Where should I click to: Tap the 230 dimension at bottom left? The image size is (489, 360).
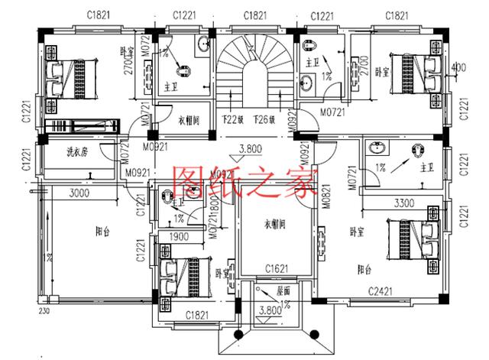(44, 311)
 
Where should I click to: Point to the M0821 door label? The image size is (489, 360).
(327, 195)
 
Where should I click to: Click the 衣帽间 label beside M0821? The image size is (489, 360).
(274, 225)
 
